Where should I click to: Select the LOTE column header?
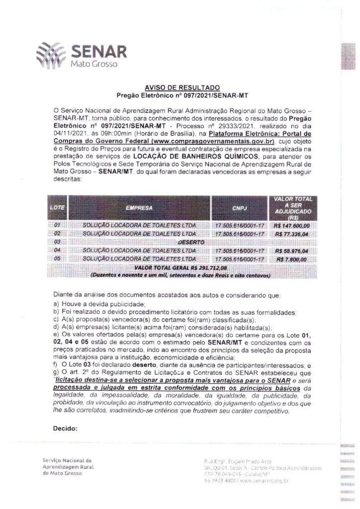[59, 207]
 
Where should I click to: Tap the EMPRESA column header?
[139, 207]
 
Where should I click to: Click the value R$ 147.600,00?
[292, 225]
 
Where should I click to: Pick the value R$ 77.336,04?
[292, 233]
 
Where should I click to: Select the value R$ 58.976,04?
[292, 251]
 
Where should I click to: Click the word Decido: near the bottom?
[65, 428]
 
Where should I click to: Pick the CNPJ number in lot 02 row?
[239, 233]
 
